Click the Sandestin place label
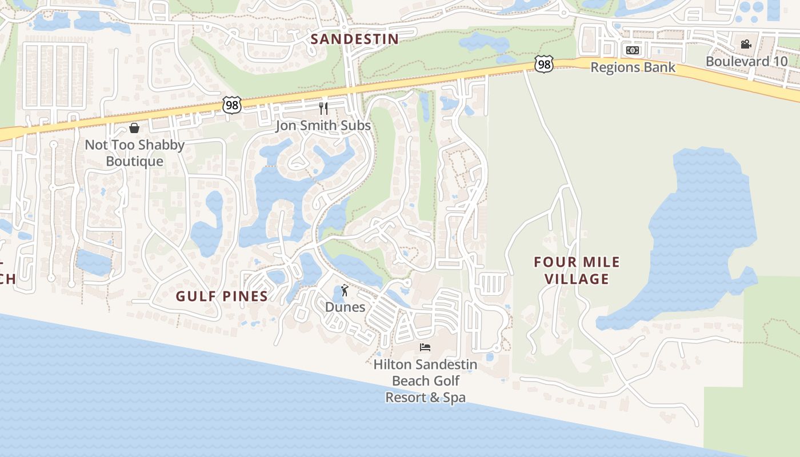tap(354, 39)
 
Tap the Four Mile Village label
tap(576, 270)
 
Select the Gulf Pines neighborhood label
tap(222, 296)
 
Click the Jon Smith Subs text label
tap(323, 126)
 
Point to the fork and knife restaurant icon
tap(323, 109)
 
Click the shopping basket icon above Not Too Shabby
tap(134, 128)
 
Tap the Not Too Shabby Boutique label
tap(135, 153)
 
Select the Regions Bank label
tap(633, 67)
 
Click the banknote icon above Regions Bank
tap(632, 50)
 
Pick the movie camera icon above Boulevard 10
tap(746, 44)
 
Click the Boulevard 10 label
tap(746, 61)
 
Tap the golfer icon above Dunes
tap(344, 290)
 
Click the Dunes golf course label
tap(345, 307)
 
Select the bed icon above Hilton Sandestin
tap(425, 347)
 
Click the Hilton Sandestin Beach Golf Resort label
tap(425, 380)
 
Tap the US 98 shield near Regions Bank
tap(544, 64)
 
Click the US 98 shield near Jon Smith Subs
tap(232, 105)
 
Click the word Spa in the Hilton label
tap(454, 398)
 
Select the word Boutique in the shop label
tap(135, 162)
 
